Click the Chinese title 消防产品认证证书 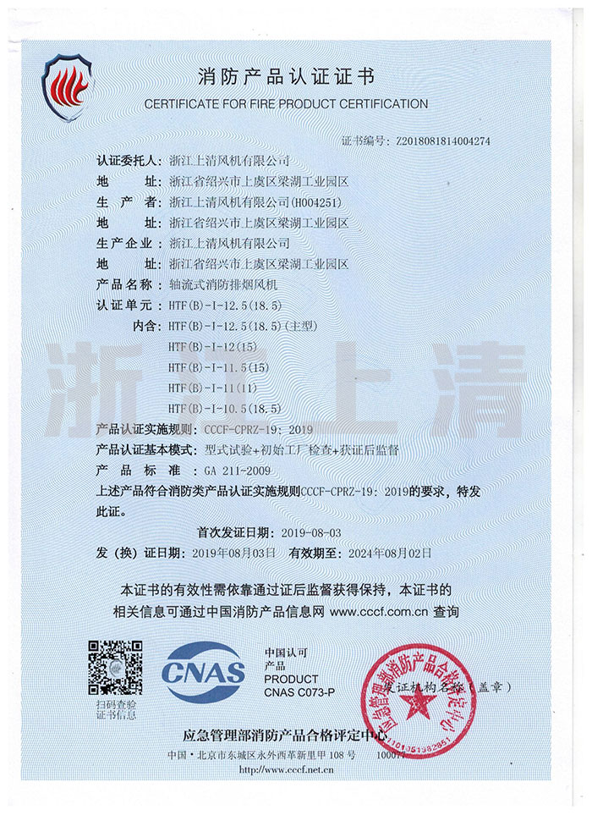tap(286, 80)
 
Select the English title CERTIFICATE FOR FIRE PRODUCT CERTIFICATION tap(286, 104)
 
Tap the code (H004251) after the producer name tap(318, 202)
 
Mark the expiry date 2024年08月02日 tap(386, 553)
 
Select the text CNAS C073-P tap(299, 693)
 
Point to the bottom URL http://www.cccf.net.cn tap(286, 770)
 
